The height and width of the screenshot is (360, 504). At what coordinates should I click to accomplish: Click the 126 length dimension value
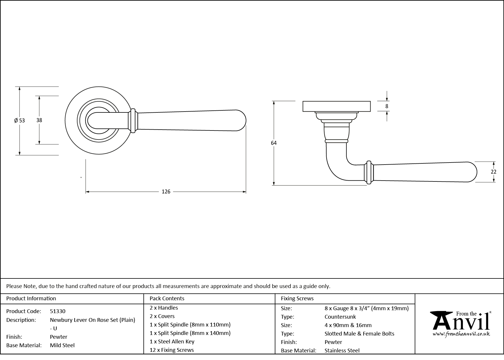(166, 192)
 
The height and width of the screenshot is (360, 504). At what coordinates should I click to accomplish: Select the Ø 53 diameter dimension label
(20, 120)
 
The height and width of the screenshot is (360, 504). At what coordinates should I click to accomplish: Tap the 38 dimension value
(39, 120)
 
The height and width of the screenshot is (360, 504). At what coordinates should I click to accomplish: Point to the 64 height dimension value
(274, 143)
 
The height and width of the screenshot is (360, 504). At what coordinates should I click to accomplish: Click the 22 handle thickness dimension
(494, 172)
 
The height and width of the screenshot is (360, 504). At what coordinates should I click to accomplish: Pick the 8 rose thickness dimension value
(387, 106)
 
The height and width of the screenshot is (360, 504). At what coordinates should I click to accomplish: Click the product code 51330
(58, 311)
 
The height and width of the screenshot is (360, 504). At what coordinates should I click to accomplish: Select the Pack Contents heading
(167, 299)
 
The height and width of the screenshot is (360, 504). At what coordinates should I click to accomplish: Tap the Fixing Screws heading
(297, 299)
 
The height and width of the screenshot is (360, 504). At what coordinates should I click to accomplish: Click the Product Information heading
(31, 299)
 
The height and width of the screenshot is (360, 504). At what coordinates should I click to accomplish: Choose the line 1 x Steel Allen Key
(172, 342)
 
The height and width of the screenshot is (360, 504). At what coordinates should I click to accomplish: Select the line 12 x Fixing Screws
(172, 350)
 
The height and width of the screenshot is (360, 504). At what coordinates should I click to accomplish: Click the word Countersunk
(340, 317)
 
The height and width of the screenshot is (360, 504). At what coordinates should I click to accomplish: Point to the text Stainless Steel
(342, 351)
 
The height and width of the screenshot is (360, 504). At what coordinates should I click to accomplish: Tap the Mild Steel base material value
(62, 345)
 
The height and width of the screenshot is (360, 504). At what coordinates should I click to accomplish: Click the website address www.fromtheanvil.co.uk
(461, 335)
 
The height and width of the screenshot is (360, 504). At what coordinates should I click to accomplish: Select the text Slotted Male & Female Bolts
(359, 334)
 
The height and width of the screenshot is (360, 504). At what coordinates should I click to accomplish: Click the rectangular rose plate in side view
(336, 106)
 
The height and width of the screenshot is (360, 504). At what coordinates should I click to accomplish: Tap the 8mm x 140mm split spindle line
(190, 333)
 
